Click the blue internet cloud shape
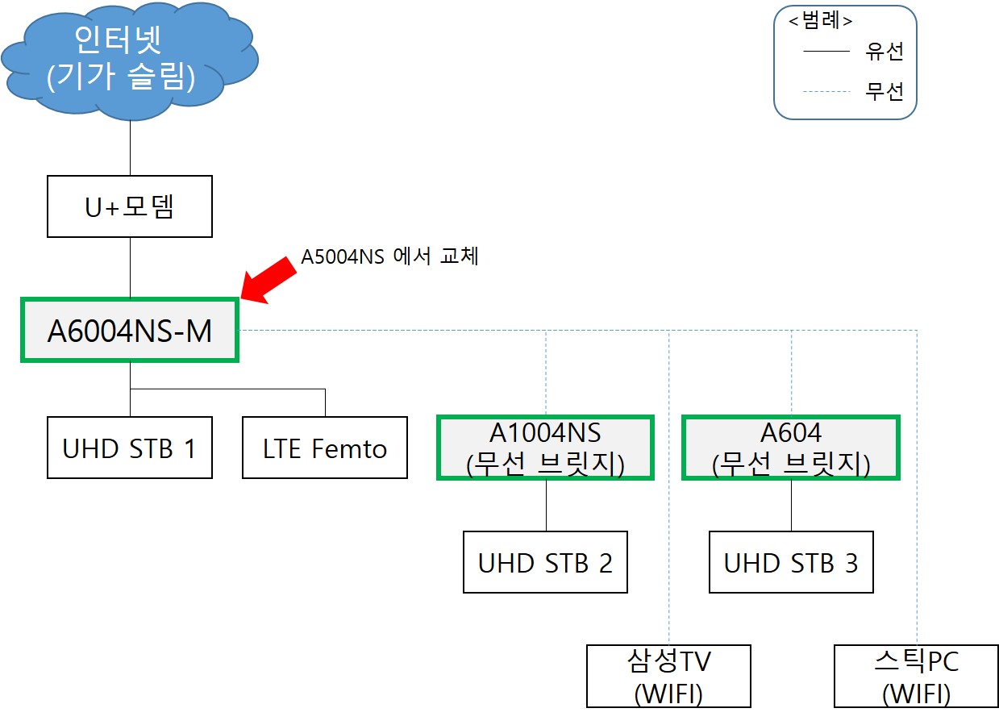tap(130, 61)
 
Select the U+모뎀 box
tap(130, 206)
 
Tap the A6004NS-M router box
tap(130, 330)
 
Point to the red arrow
tap(268, 280)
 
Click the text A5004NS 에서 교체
tap(389, 256)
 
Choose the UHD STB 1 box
tap(130, 448)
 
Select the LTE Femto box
tap(325, 448)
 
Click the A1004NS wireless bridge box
tap(545, 448)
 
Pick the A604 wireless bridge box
tap(791, 448)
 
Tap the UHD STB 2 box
tap(545, 562)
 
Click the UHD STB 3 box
tap(791, 562)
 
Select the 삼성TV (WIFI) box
tap(668, 676)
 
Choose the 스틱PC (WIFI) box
tap(917, 676)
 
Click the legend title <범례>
tap(821, 20)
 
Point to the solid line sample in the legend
tap(826, 52)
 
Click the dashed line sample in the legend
tap(826, 91)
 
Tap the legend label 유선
tap(885, 52)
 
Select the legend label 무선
tap(885, 91)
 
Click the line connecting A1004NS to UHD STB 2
tap(546, 506)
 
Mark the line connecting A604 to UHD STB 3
tap(791, 506)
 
